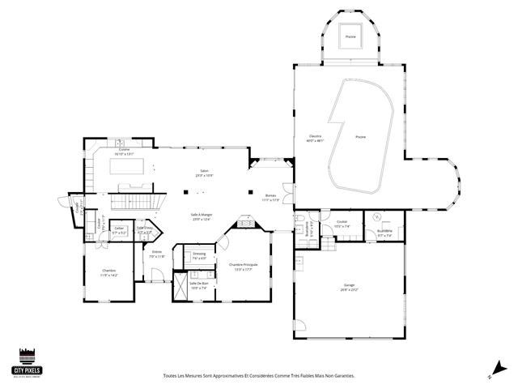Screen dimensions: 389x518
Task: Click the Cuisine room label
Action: (125, 149)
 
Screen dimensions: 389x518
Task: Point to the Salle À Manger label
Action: (200, 215)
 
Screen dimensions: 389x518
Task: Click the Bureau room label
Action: (270, 195)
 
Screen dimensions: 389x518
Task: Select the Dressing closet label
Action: (199, 254)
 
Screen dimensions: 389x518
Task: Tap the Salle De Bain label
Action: (199, 284)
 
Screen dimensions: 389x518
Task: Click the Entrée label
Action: (157, 252)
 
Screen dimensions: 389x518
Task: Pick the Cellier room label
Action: (119, 229)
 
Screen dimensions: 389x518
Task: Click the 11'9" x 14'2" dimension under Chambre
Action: (108, 276)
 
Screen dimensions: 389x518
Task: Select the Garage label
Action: (349, 285)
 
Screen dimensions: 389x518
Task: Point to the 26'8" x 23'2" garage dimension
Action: (349, 290)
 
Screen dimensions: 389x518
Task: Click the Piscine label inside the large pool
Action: (360, 137)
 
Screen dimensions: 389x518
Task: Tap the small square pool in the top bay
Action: (350, 37)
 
